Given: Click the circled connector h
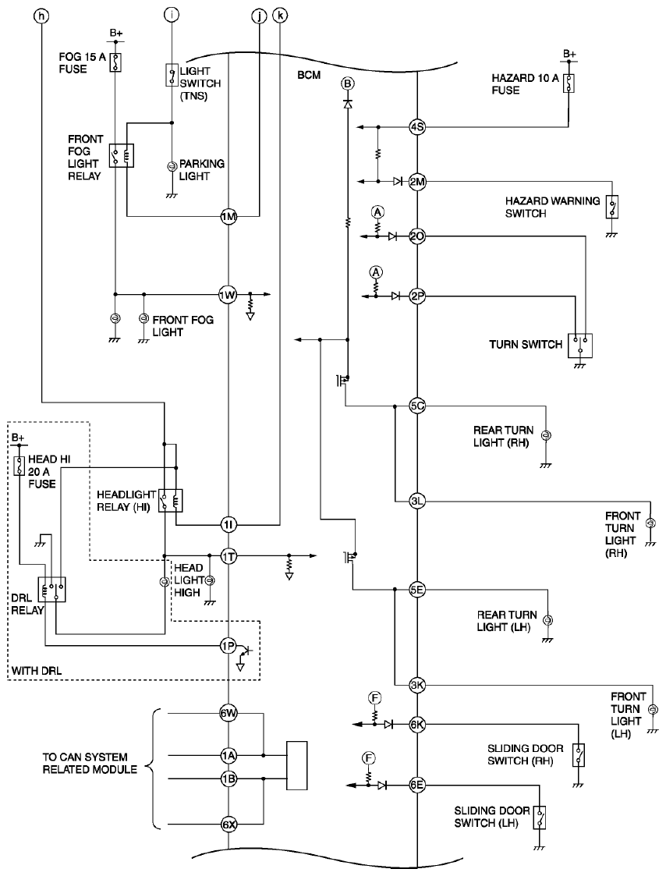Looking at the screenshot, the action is click(x=41, y=16).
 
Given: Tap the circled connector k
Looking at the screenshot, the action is click(x=279, y=16).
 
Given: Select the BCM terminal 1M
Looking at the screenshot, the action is click(x=228, y=216).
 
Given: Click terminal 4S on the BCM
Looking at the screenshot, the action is click(x=417, y=127).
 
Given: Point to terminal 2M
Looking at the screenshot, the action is click(x=417, y=182).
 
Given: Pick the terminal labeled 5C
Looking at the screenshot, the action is click(x=417, y=406).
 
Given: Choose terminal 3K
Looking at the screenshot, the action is click(x=417, y=685).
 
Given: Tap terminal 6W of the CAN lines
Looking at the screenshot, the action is click(x=228, y=713).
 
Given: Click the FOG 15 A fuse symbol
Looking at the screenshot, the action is click(x=115, y=62).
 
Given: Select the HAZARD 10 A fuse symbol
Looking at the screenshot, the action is click(x=569, y=83).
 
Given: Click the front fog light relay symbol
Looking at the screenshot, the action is click(x=121, y=155).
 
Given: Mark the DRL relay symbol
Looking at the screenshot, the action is click(x=52, y=590).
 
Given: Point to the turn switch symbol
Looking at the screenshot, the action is click(x=580, y=346).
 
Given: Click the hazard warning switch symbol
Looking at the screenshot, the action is click(x=613, y=207).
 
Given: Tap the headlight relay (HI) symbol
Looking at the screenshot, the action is click(x=171, y=501).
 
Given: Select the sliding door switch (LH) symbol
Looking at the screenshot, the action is click(x=539, y=817).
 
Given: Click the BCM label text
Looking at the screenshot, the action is click(x=309, y=75).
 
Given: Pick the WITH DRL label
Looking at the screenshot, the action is click(x=37, y=670).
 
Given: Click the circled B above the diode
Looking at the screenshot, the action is click(x=348, y=83).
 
